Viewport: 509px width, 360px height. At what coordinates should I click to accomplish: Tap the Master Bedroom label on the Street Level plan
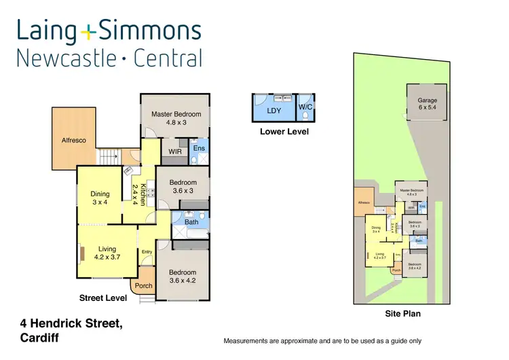click(176, 119)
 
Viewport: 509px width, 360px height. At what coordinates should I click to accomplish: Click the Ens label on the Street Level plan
click(199, 147)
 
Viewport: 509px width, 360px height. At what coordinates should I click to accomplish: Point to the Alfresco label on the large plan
click(74, 140)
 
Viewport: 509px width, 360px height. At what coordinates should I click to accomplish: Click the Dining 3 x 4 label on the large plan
click(100, 198)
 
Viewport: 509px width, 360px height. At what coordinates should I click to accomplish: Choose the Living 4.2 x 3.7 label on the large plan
click(107, 253)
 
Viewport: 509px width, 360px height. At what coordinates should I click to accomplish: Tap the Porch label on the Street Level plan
click(144, 285)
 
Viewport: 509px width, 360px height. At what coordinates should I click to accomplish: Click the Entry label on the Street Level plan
click(147, 252)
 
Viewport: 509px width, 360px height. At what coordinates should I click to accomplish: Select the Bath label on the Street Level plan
click(191, 221)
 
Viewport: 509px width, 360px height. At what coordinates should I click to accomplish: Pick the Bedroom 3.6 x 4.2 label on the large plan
click(182, 277)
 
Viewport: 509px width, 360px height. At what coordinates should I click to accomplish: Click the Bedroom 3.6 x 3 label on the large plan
click(183, 186)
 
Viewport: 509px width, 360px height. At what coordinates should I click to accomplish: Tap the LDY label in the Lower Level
click(274, 109)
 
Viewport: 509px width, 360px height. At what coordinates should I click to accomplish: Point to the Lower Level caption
click(284, 131)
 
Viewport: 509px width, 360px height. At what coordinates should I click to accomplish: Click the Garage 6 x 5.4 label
click(427, 104)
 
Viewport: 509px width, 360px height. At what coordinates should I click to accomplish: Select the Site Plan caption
click(402, 314)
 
